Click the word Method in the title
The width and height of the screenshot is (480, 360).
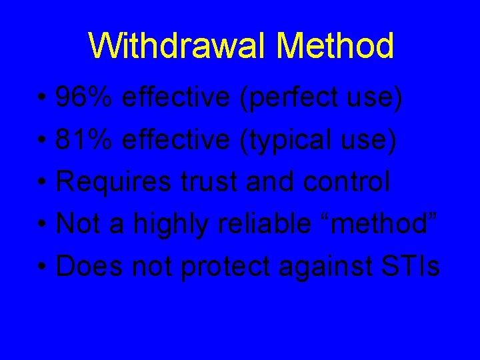point(335,46)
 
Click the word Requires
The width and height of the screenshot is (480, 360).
point(113,183)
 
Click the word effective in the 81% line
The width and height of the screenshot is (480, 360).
point(177,140)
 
